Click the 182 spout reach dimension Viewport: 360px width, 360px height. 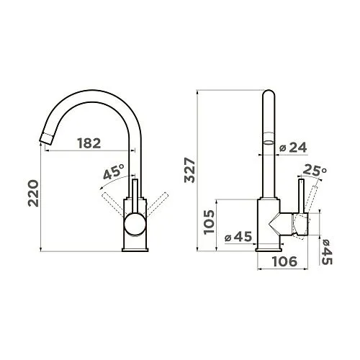89,143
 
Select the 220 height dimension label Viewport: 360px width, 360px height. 33,194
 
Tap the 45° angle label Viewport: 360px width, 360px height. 114,171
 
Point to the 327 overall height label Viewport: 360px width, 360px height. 190,170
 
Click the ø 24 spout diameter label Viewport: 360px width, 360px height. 293,148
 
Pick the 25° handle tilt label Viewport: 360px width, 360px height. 315,170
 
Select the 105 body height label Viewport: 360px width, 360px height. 209,222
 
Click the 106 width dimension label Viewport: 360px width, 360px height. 284,261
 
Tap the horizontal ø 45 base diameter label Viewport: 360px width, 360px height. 238,237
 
